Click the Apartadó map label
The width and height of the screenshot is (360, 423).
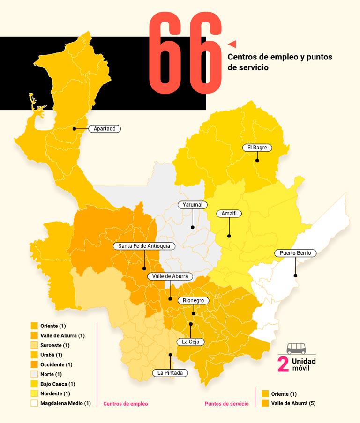pyautogui.click(x=105, y=128)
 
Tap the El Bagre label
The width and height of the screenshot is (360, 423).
pyautogui.click(x=257, y=148)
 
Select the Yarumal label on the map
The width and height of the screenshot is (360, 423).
pyautogui.click(x=192, y=205)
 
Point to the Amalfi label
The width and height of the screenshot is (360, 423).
pyautogui.click(x=229, y=214)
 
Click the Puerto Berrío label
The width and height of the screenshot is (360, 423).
pyautogui.click(x=295, y=253)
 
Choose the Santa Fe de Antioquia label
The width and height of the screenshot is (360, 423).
pyautogui.click(x=144, y=246)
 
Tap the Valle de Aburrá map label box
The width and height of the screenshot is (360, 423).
pyautogui.click(x=170, y=276)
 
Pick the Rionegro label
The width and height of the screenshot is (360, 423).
pyautogui.click(x=193, y=300)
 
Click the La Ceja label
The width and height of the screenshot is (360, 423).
pyautogui.click(x=190, y=341)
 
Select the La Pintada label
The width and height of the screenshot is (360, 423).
pyautogui.click(x=170, y=373)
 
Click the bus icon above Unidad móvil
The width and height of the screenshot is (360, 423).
pyautogui.click(x=296, y=348)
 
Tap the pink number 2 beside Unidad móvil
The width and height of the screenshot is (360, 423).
pyautogui.click(x=283, y=365)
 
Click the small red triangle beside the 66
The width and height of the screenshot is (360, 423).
pyautogui.click(x=232, y=44)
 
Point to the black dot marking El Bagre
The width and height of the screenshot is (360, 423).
pyautogui.click(x=257, y=161)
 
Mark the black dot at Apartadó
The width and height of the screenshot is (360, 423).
pyautogui.click(x=74, y=128)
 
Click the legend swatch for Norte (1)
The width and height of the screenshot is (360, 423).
pyautogui.click(x=34, y=374)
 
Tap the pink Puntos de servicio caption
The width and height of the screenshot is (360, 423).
pyautogui.click(x=227, y=403)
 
